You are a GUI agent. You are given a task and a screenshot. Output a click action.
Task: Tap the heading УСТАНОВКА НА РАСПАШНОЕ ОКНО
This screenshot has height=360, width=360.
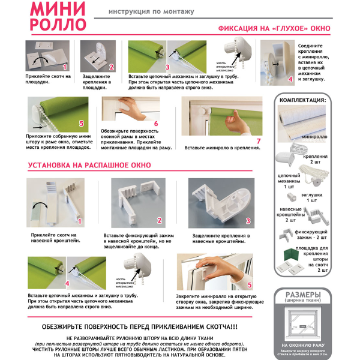point(89,164)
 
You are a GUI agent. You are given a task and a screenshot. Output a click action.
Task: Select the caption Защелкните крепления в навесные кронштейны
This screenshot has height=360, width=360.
point(223,238)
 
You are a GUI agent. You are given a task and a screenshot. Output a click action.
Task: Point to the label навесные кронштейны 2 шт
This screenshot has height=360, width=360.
point(287,216)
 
